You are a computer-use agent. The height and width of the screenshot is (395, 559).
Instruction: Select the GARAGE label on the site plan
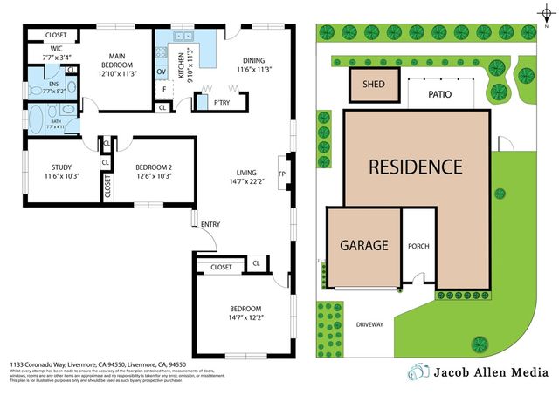coord(363,245)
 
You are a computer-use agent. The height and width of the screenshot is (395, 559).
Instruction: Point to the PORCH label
coord(418,246)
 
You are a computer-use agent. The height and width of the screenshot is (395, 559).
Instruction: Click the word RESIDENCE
coord(414,166)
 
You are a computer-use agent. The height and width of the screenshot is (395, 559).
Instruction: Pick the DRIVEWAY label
coord(369,324)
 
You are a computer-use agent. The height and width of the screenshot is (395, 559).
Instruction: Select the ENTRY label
coord(210,224)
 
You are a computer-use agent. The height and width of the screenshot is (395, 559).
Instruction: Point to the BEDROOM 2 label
coord(154,167)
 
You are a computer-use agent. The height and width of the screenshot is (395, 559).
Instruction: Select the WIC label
coord(56,48)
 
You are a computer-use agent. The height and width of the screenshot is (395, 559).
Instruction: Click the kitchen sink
coord(183,37)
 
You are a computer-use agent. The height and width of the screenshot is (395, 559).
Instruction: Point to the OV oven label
coord(161,72)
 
